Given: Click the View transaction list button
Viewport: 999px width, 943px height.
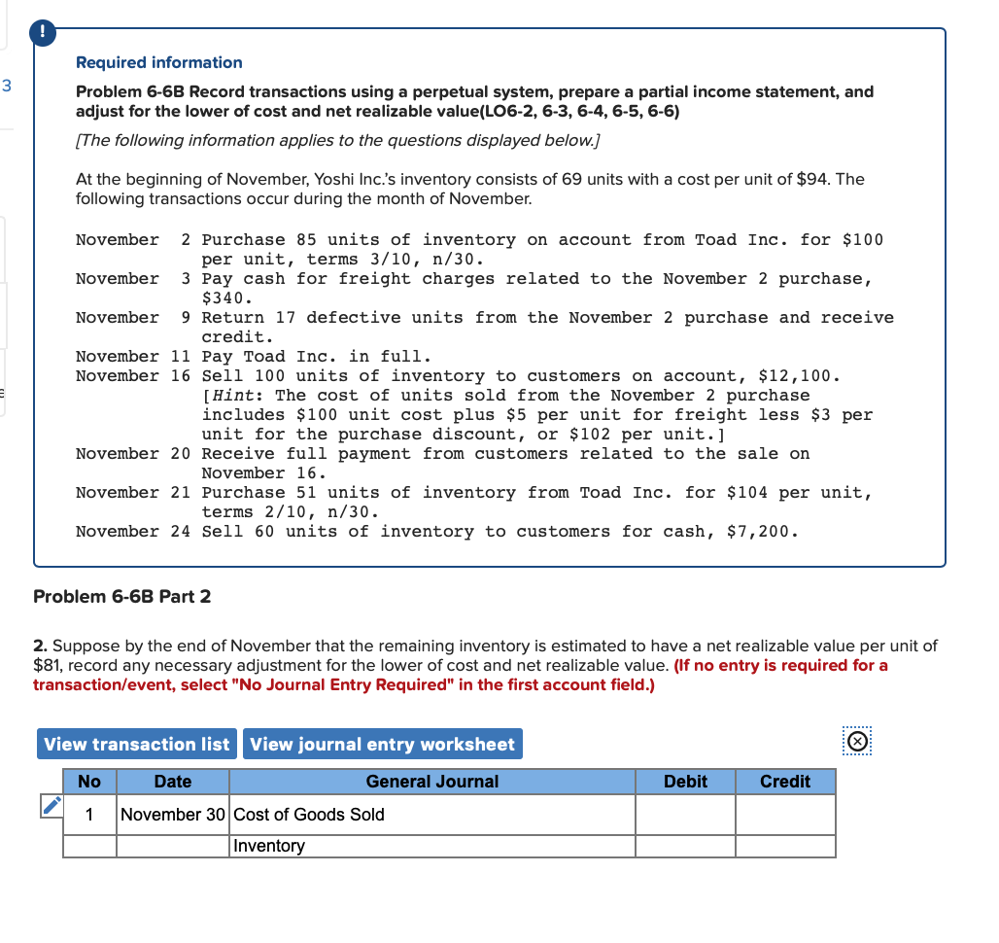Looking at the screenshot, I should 136,745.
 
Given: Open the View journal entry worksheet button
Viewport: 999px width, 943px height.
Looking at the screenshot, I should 382,745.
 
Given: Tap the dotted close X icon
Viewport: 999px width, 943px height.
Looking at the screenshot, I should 856,742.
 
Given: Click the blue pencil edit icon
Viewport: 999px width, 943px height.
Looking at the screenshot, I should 50,806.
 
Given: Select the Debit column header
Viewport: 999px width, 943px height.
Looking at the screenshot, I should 685,782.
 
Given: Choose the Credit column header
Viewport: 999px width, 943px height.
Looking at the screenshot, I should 784,782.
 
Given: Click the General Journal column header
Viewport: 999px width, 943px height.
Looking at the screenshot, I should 431,782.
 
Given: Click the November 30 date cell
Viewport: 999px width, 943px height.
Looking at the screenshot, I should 173,815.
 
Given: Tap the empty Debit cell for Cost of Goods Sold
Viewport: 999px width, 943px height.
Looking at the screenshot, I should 685,815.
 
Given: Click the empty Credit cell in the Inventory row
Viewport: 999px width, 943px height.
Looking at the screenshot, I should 784,846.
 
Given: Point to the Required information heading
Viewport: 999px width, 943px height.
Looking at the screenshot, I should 159,62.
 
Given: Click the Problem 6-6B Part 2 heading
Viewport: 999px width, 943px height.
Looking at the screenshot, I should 121,596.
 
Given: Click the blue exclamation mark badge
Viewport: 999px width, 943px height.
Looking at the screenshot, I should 43,33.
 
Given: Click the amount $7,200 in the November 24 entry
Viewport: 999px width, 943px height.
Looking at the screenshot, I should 762,532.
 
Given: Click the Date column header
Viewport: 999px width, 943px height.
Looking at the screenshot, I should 173,782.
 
